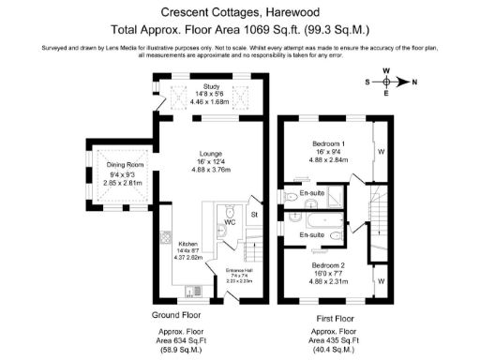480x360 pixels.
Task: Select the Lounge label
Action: (x=210, y=154)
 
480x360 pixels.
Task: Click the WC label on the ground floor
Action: (x=230, y=223)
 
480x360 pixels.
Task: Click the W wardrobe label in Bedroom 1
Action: (x=381, y=150)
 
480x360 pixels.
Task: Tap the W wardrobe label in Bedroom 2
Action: (x=381, y=280)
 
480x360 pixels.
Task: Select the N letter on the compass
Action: (x=414, y=82)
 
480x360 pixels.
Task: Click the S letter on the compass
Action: (x=367, y=82)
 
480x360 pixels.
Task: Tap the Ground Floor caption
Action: (x=175, y=315)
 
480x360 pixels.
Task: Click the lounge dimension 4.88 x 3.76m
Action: (x=210, y=171)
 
